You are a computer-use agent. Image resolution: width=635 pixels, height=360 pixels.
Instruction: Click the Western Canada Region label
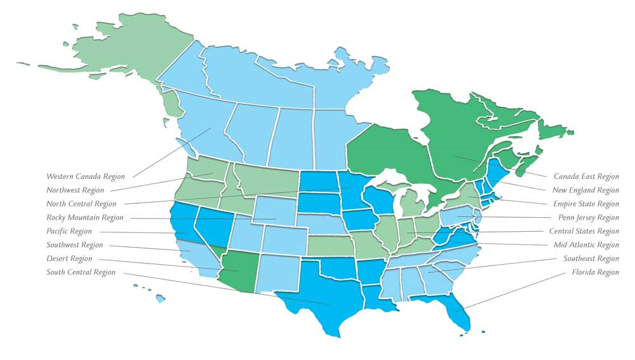86,177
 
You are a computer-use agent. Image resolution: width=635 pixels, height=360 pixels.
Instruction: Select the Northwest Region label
75,190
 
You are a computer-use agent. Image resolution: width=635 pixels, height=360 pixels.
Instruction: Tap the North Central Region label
81,204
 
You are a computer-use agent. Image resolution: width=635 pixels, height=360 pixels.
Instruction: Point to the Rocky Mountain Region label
85,218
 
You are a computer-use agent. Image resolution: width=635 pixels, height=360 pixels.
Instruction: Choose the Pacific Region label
69,232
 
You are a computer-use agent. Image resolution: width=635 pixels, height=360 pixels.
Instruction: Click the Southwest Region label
74,245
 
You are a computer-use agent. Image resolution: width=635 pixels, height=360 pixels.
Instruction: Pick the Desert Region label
69,259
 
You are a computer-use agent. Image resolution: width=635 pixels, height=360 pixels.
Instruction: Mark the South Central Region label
81,272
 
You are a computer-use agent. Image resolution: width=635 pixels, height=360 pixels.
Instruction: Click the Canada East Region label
586,177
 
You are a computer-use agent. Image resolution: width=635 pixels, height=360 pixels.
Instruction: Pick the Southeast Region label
591,259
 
